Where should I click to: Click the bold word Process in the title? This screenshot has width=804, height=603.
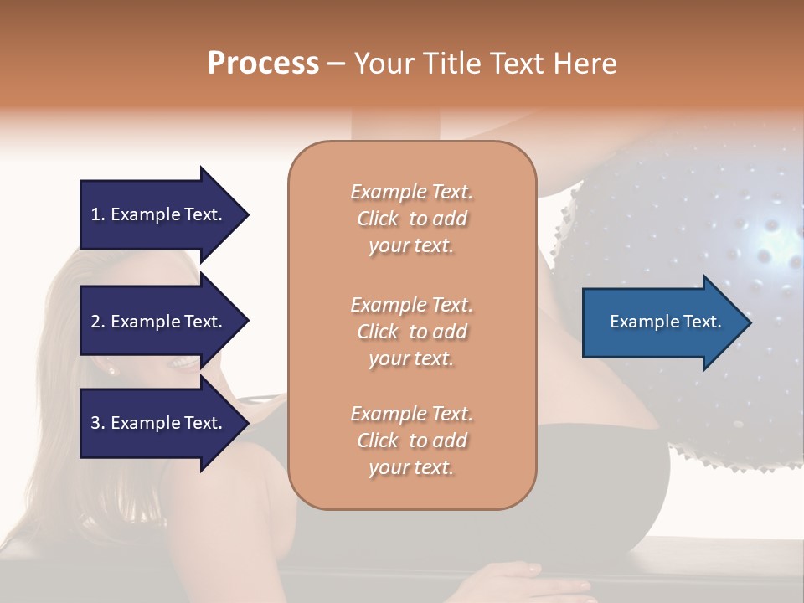(x=263, y=64)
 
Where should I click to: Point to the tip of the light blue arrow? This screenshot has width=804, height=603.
(x=750, y=322)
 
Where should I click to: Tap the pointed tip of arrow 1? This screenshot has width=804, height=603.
(x=247, y=214)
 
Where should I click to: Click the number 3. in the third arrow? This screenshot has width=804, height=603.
(x=97, y=423)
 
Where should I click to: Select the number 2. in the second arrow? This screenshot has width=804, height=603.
(x=97, y=322)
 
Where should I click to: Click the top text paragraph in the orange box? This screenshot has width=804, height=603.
(x=411, y=219)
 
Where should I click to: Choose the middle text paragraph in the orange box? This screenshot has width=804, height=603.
(x=411, y=331)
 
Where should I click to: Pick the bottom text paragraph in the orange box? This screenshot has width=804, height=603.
(x=411, y=441)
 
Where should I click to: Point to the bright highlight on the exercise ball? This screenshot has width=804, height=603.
(x=769, y=253)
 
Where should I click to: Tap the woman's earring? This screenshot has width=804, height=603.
(x=111, y=369)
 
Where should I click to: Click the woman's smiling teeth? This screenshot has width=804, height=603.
(x=183, y=363)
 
